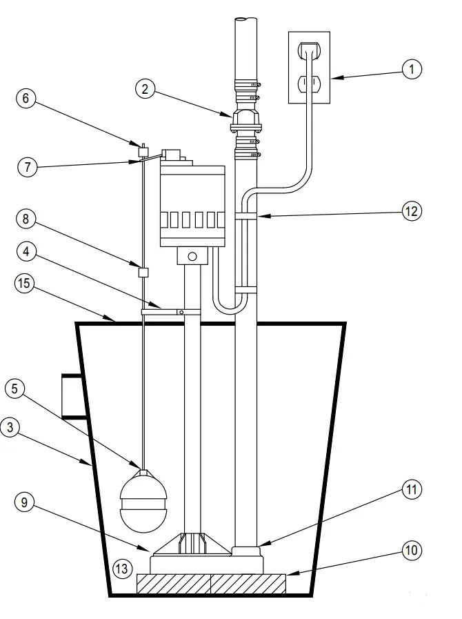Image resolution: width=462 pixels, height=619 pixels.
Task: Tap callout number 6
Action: (x=26, y=98)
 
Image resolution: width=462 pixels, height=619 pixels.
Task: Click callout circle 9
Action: (x=26, y=502)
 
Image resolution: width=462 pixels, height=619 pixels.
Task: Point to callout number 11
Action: (x=412, y=491)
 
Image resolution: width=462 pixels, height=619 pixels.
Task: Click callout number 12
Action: (x=412, y=211)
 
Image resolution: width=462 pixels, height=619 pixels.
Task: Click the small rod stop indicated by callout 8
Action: (x=144, y=272)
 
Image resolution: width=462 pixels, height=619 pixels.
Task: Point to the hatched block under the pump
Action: (x=212, y=584)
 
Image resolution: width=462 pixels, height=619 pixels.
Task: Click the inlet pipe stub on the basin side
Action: (x=72, y=396)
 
